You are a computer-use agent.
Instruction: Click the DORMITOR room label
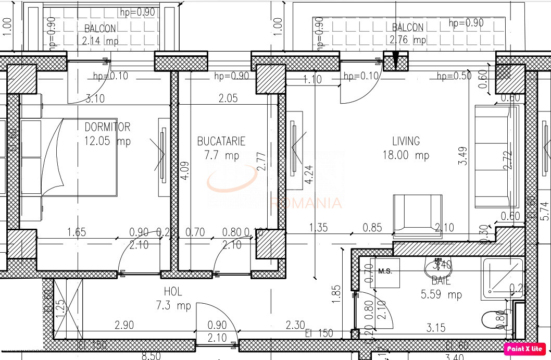[x=107, y=127]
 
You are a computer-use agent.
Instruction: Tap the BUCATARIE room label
[x=221, y=141]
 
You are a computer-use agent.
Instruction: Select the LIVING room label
[x=406, y=141]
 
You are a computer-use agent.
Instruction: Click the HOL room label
[x=173, y=292]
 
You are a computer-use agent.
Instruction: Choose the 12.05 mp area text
[x=107, y=141]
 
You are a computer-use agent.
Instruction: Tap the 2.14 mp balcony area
[x=100, y=40]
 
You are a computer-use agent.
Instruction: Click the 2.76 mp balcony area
[x=407, y=40]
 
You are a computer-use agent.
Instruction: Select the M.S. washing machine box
[x=385, y=272]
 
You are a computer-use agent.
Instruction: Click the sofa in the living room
[x=497, y=156]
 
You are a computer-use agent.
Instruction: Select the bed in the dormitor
[x=68, y=157]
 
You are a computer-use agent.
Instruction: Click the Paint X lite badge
[x=524, y=349]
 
